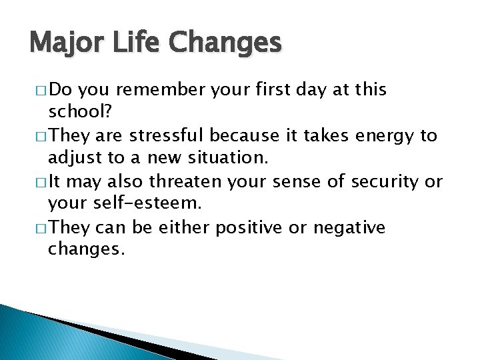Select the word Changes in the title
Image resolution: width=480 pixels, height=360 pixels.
pyautogui.click(x=226, y=43)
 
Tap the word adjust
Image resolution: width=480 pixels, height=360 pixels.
pyautogui.click(x=74, y=158)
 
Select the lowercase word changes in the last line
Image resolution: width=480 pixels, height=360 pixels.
pyautogui.click(x=86, y=251)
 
